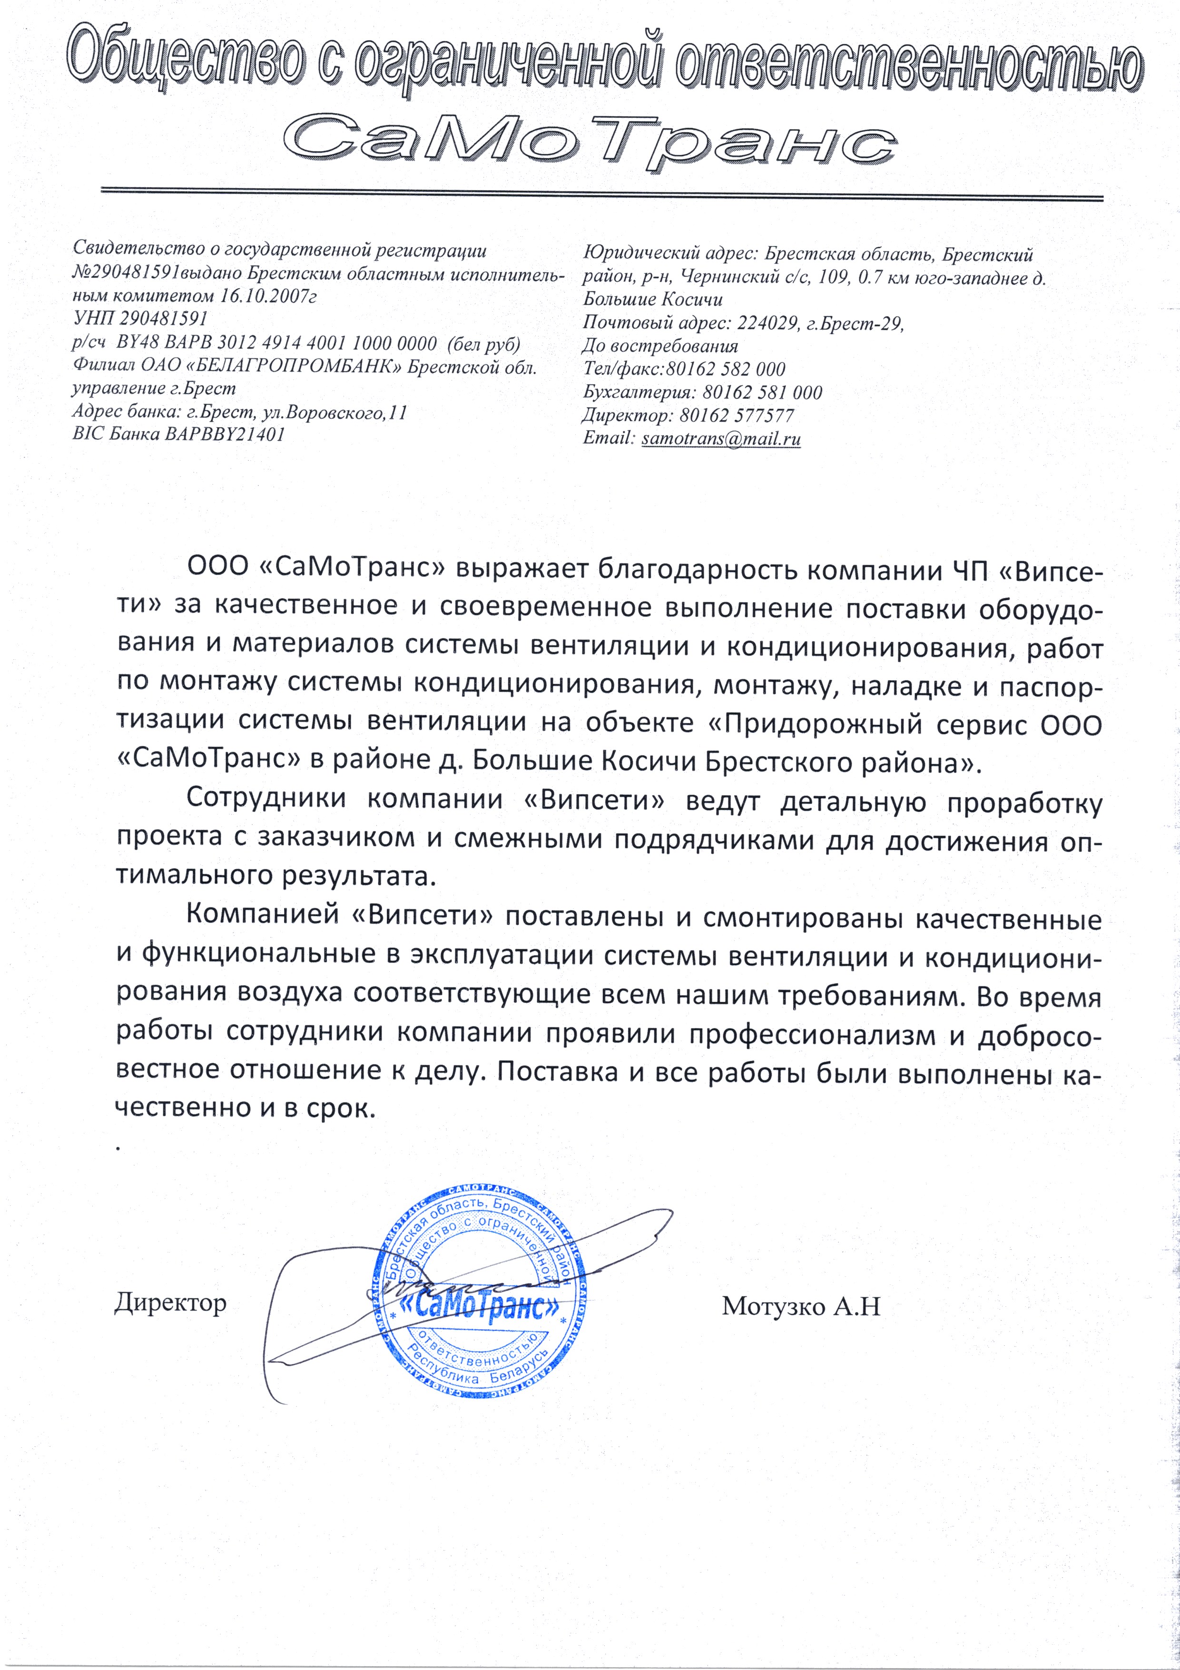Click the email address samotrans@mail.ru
pos(721,438)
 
